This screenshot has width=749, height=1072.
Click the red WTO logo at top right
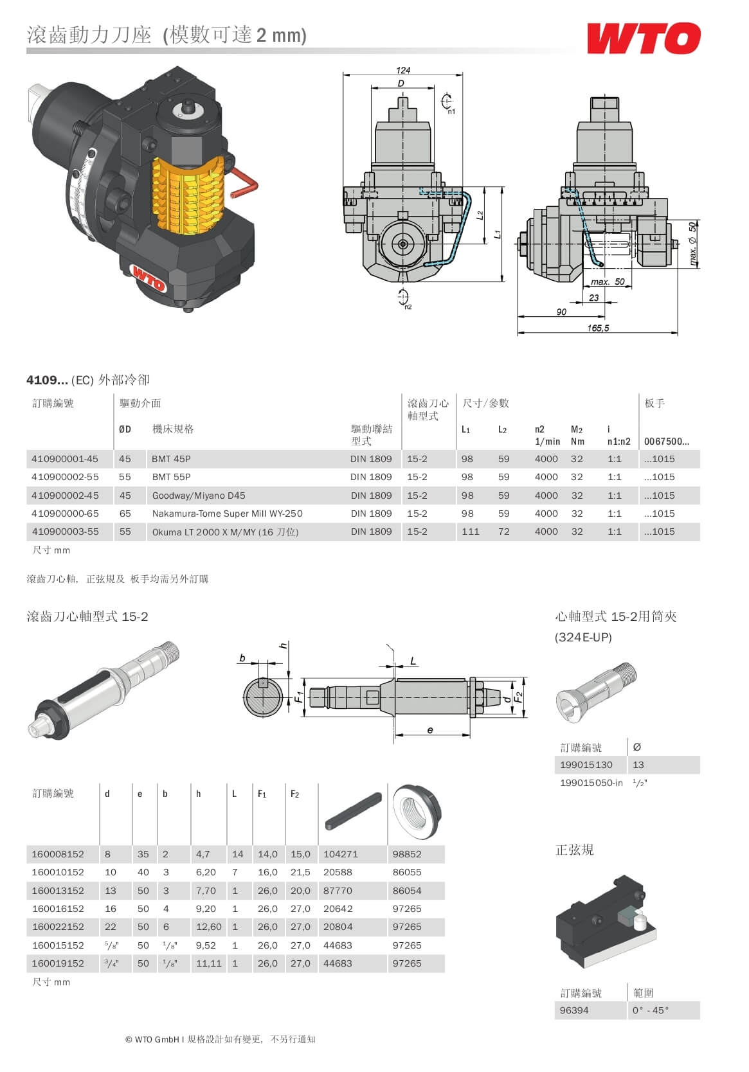coord(643,38)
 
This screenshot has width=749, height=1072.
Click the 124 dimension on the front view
coord(403,70)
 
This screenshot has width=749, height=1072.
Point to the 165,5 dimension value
coord(597,328)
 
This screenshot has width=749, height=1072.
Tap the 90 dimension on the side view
coord(561,312)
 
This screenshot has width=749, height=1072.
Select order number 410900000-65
coord(65,514)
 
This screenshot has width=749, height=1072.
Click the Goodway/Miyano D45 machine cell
coord(199,496)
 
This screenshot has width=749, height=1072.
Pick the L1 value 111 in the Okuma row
coord(470,532)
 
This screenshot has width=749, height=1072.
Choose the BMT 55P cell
coord(171,477)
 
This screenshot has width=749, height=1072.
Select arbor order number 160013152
coord(58,891)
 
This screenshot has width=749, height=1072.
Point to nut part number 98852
coord(407,854)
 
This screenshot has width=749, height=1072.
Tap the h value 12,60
coord(209,927)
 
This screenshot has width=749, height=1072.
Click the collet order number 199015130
coord(586,765)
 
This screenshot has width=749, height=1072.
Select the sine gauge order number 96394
coord(574,1010)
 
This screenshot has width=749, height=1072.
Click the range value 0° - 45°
coord(650,1010)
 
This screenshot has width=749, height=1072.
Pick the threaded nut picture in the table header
coord(416,812)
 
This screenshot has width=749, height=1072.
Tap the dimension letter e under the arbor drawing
coord(430,730)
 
